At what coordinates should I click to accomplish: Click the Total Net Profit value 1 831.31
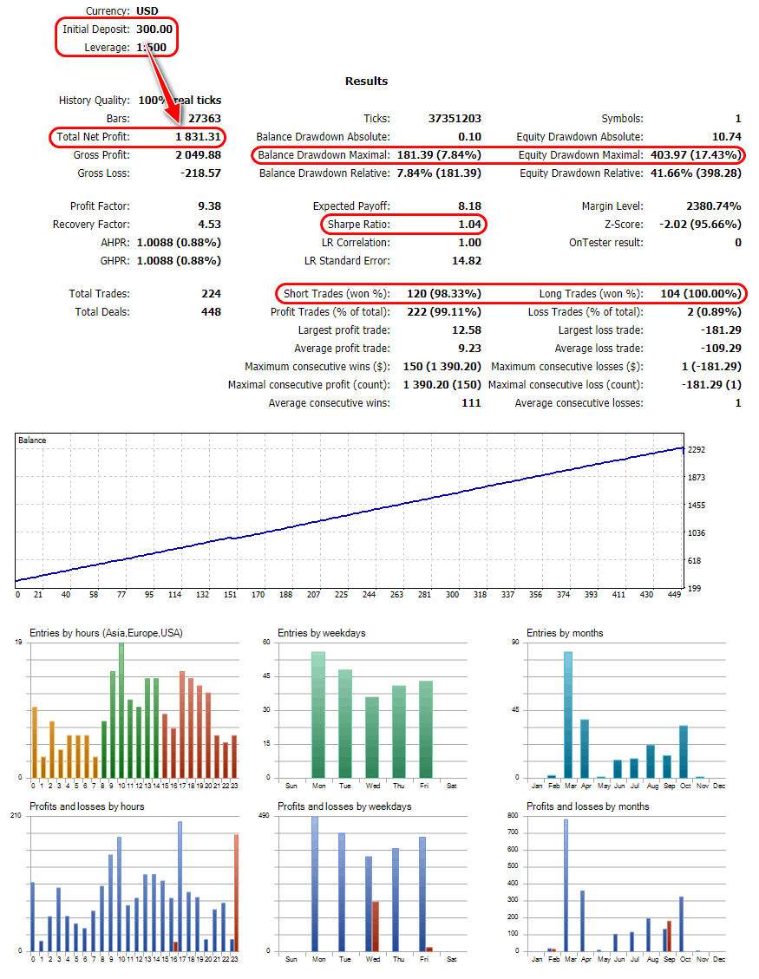tap(198, 136)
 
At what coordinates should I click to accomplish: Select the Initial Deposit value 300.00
tap(154, 29)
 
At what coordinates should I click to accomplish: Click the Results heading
tap(366, 81)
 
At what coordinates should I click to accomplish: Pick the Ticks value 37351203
tap(455, 118)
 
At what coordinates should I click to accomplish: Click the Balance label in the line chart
tap(33, 441)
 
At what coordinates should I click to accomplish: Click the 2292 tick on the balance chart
tap(697, 449)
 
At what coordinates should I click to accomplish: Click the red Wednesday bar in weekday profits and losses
tap(376, 926)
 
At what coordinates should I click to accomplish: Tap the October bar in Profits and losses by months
tap(682, 924)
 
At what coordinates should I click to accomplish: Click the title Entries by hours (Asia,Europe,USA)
tap(106, 633)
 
